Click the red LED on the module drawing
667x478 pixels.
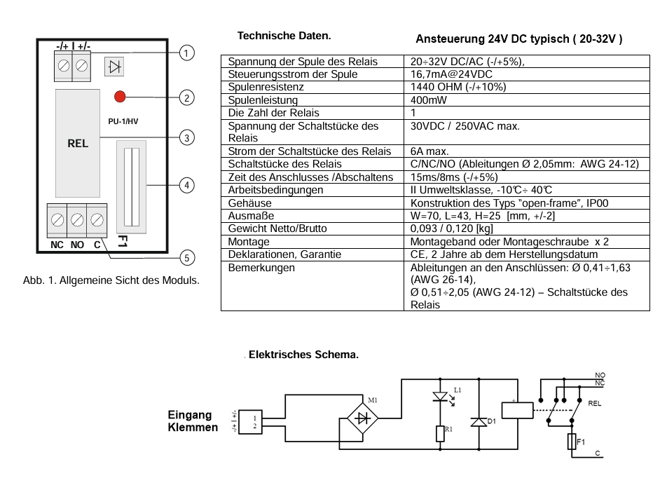click(120, 96)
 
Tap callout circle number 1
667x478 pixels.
click(186, 53)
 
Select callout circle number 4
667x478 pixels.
click(186, 185)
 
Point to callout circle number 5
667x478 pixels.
click(186, 258)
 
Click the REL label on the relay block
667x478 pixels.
click(78, 143)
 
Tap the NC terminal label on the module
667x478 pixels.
click(57, 245)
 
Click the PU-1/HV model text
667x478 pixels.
click(123, 121)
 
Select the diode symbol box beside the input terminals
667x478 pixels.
click(114, 67)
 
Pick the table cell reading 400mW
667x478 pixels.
click(425, 100)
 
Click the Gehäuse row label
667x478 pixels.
click(249, 203)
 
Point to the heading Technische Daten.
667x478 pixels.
click(284, 36)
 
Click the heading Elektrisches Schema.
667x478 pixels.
click(304, 355)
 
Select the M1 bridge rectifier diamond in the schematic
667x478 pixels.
click(363, 419)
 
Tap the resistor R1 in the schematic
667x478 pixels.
click(440, 433)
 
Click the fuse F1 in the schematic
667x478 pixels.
click(572, 442)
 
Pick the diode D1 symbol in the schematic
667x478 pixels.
click(479, 422)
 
